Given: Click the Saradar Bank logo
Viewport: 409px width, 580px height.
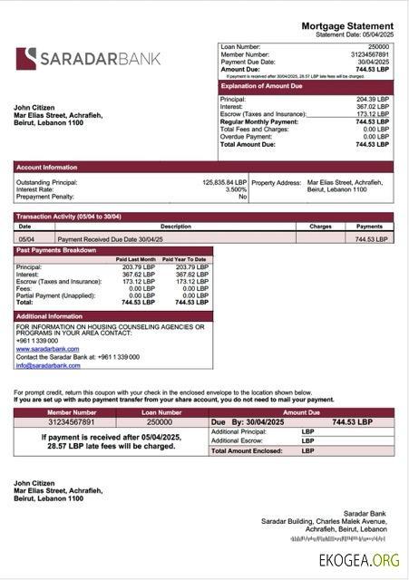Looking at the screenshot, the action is [88, 59].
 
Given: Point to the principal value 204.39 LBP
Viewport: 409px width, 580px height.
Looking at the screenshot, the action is [372, 99].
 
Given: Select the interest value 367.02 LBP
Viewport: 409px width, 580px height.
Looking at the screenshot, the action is [372, 107].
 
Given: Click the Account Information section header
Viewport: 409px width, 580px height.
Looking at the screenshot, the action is [47, 167].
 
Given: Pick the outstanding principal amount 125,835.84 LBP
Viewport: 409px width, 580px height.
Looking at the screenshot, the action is [224, 182].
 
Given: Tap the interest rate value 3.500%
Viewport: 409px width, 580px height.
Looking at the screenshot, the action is [236, 189].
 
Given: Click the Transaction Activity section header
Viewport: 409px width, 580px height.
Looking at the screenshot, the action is [69, 217].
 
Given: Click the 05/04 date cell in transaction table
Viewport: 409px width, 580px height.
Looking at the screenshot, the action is [26, 238].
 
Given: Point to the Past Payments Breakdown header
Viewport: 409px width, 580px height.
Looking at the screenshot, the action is [56, 250].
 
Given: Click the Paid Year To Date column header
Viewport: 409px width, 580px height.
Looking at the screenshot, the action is [185, 259].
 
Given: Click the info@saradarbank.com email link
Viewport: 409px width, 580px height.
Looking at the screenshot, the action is [48, 365].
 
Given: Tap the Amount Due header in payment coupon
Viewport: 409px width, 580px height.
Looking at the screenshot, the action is [303, 412].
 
